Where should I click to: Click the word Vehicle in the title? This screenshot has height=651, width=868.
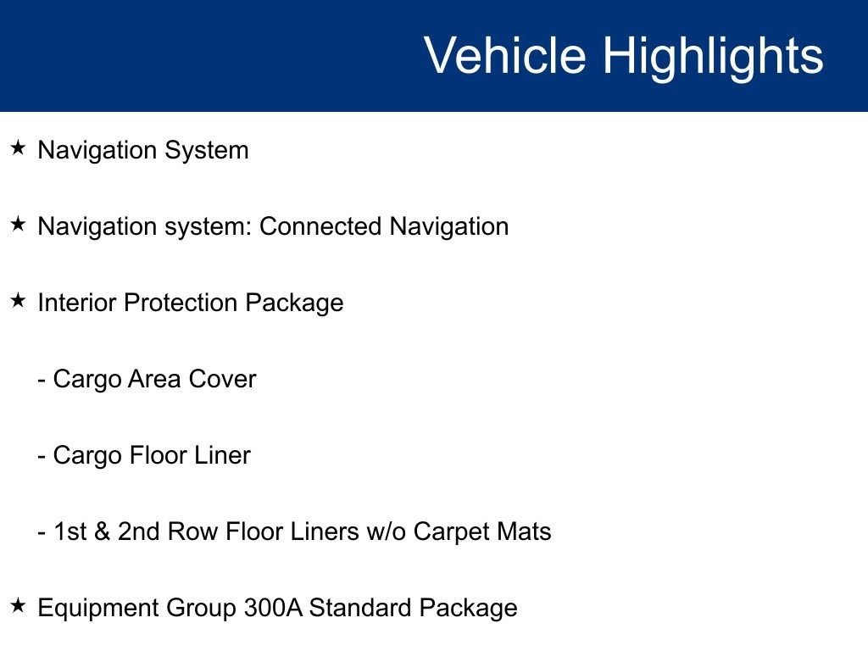[505, 55]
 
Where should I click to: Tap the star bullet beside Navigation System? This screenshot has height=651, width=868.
[19, 147]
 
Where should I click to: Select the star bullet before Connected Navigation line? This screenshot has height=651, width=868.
[19, 224]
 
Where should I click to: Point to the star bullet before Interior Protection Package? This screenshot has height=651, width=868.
[19, 301]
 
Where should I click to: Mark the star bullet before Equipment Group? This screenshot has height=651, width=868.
[19, 605]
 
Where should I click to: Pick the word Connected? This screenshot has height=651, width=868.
[320, 226]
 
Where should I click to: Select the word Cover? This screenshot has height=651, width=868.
[223, 379]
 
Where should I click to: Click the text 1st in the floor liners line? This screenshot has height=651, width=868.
[70, 531]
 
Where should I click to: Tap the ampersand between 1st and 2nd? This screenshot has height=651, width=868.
[102, 531]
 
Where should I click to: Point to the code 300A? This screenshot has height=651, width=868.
[273, 608]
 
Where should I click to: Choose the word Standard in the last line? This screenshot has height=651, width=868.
[359, 608]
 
